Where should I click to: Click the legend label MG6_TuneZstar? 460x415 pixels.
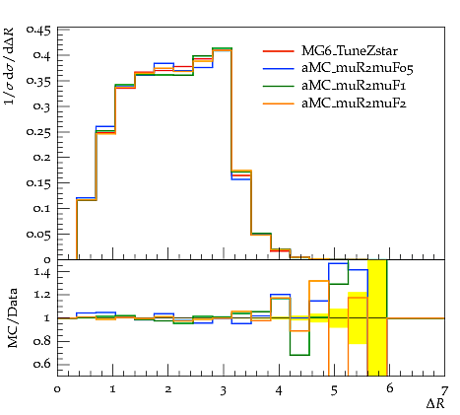(350, 51)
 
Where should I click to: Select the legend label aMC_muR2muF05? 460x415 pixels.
(358, 68)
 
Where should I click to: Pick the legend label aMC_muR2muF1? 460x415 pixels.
(354, 86)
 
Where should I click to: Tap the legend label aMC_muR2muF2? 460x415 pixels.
(354, 104)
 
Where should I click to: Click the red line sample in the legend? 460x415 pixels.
(279, 51)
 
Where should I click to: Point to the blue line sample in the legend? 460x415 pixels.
(279, 68)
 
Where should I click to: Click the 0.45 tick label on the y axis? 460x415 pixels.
(38, 31)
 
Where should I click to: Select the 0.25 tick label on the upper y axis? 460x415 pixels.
(38, 132)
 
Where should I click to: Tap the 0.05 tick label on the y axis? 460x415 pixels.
(38, 235)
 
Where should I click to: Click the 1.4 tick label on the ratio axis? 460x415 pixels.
(42, 272)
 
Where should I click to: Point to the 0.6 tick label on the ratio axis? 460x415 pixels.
(42, 364)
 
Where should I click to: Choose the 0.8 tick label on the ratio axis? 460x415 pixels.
(42, 341)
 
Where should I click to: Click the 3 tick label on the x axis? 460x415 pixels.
(224, 390)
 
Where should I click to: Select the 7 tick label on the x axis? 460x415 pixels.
(444, 390)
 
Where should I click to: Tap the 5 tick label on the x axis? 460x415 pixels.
(334, 390)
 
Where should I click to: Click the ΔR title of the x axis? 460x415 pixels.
(435, 403)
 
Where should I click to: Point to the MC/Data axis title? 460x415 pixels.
(13, 318)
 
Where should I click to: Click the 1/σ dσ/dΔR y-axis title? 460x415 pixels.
(10, 66)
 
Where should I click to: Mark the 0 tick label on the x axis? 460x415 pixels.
(58, 389)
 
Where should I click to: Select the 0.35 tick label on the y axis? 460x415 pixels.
(38, 81)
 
